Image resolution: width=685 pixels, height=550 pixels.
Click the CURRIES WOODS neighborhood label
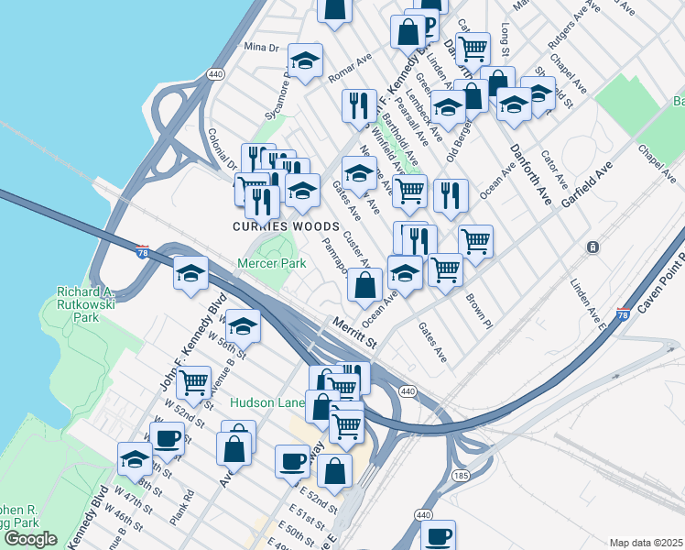click(x=273, y=225)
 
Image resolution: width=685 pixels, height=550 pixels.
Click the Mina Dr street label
click(x=260, y=47)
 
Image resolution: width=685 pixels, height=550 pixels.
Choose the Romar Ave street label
click(x=351, y=69)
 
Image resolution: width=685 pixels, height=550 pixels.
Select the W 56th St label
click(x=228, y=343)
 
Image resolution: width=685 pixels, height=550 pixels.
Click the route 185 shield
click(x=461, y=475)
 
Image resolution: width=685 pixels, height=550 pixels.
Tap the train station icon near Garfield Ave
click(x=593, y=247)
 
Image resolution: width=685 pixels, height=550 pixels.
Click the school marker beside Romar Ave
click(x=305, y=62)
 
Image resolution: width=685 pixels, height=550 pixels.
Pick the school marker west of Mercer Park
click(x=190, y=274)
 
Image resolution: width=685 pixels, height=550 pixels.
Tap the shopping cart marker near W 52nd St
click(x=193, y=381)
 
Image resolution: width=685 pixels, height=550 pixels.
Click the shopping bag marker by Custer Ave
click(x=364, y=285)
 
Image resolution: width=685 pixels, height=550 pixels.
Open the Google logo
click(x=29, y=539)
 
